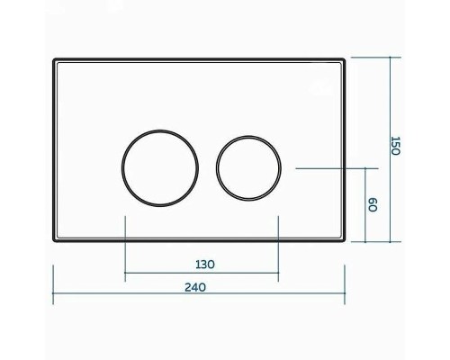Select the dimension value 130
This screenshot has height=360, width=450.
click(x=203, y=265)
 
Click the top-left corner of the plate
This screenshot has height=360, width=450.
click(x=54, y=59)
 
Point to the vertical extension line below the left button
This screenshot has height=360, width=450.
click(x=125, y=243)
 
